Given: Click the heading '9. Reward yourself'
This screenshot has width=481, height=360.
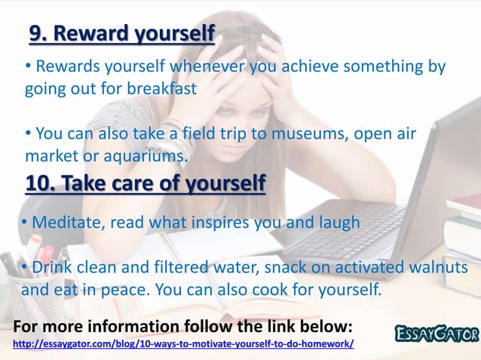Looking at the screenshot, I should (x=121, y=34).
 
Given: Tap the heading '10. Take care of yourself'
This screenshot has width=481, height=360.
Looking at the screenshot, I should (x=146, y=183).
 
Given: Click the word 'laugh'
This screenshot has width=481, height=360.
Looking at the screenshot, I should (x=336, y=224).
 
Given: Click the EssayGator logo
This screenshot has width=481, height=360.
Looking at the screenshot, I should (x=437, y=332).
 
